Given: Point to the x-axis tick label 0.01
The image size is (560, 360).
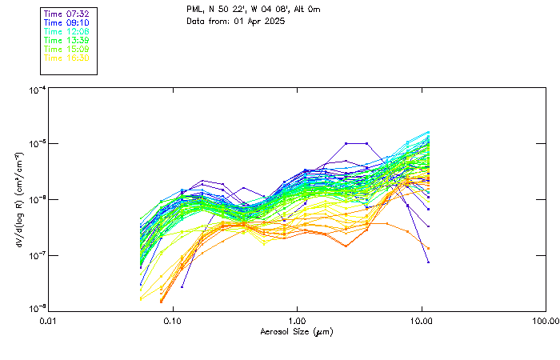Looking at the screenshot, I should [x=49, y=322].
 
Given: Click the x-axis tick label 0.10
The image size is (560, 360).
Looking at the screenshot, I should [x=173, y=322].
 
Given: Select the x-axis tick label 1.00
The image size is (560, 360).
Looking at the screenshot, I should [x=298, y=322].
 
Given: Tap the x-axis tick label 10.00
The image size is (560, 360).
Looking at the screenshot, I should [x=422, y=322].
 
